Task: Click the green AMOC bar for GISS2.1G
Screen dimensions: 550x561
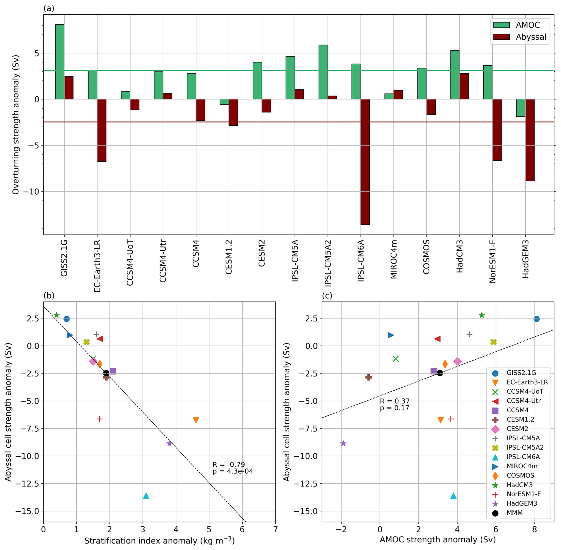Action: tap(60, 62)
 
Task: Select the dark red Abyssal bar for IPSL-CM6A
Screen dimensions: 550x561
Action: tap(365, 162)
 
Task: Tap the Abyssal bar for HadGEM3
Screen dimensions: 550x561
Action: tap(530, 140)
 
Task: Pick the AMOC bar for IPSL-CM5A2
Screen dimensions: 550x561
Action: tap(323, 72)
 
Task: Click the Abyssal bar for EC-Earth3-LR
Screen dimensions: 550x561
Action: tap(102, 130)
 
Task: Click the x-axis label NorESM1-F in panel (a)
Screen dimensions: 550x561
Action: tap(493, 261)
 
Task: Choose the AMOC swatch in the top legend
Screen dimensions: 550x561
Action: tap(502, 25)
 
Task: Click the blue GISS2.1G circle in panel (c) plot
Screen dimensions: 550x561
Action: tap(537, 319)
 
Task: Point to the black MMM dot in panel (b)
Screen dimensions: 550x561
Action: tap(106, 373)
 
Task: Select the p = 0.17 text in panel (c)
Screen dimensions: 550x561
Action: tap(394, 408)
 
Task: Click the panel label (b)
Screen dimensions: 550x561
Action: tap(49, 296)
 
